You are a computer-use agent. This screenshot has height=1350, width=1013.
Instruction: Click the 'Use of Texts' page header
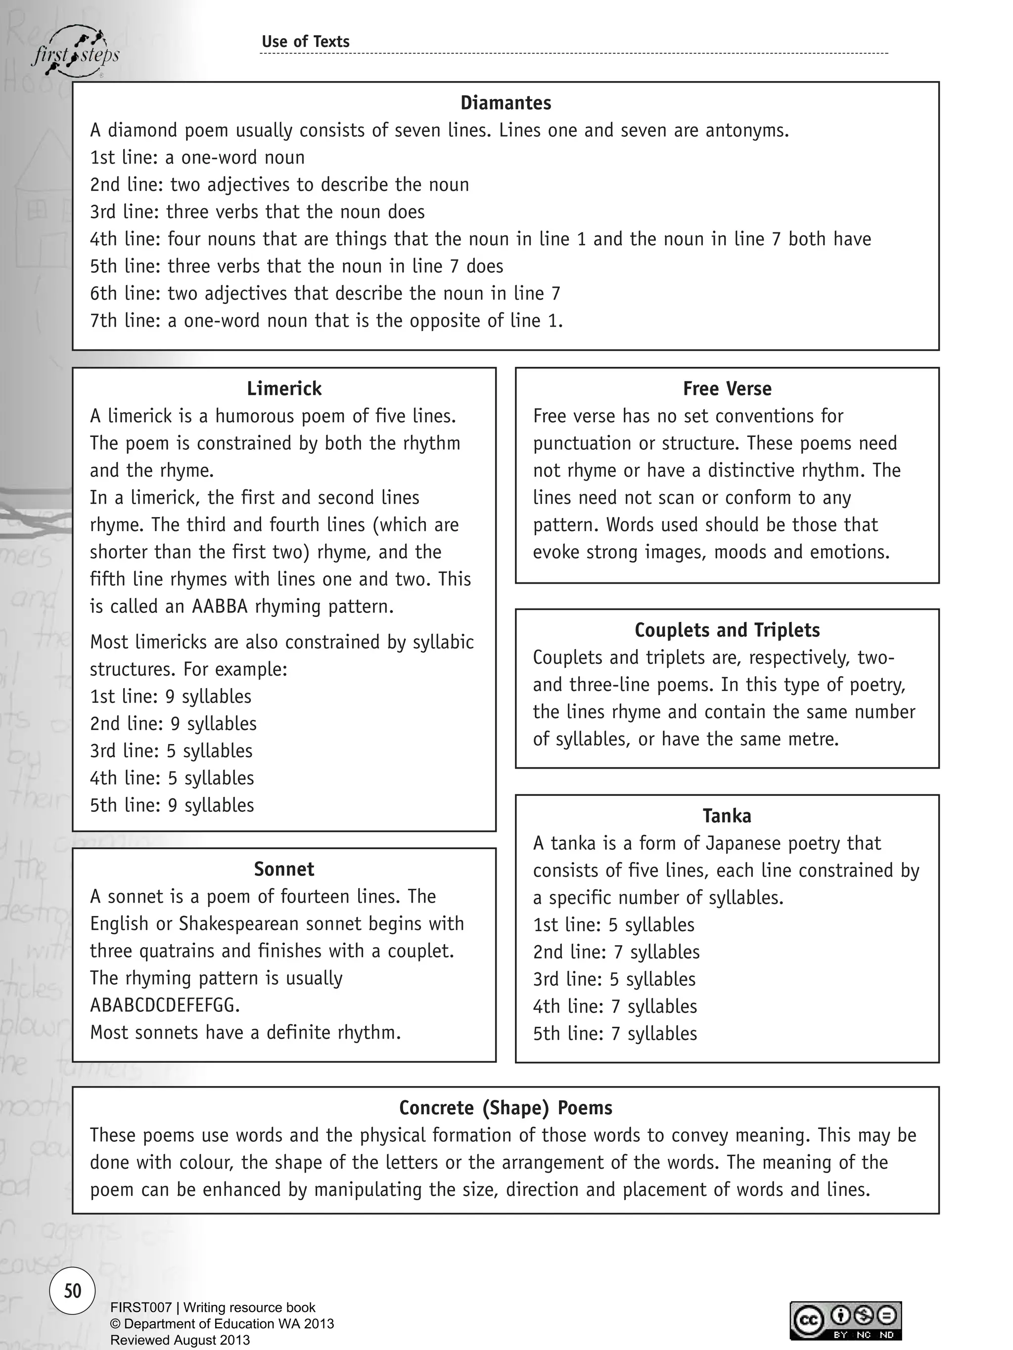pyautogui.click(x=305, y=42)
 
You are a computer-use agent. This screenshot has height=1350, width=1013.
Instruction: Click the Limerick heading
pyautogui.click(x=284, y=388)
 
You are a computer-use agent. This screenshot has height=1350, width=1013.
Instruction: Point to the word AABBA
pyautogui.click(x=219, y=606)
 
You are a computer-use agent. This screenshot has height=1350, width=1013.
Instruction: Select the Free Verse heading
pyautogui.click(x=727, y=388)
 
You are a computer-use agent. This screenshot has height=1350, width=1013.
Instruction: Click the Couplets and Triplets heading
pyautogui.click(x=727, y=630)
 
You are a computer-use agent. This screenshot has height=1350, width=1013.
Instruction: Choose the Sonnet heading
pyautogui.click(x=284, y=869)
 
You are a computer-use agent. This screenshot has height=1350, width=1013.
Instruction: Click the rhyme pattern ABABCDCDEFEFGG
pyautogui.click(x=165, y=1004)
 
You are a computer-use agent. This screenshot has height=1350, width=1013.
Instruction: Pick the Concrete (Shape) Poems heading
pyautogui.click(x=506, y=1107)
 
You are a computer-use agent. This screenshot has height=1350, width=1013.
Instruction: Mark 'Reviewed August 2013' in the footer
pyautogui.click(x=180, y=1340)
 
